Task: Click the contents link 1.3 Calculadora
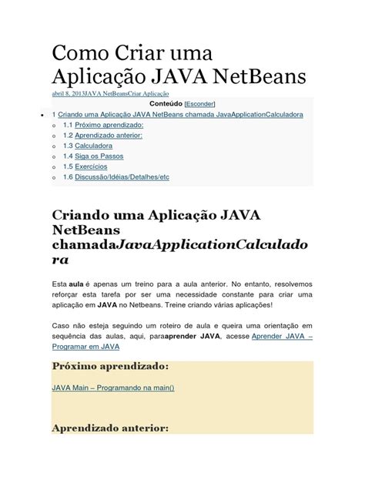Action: [x=88, y=145]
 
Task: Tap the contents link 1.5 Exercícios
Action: [x=85, y=166]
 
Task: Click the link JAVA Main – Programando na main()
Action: [x=112, y=387]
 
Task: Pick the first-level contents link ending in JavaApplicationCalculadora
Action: [x=180, y=114]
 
